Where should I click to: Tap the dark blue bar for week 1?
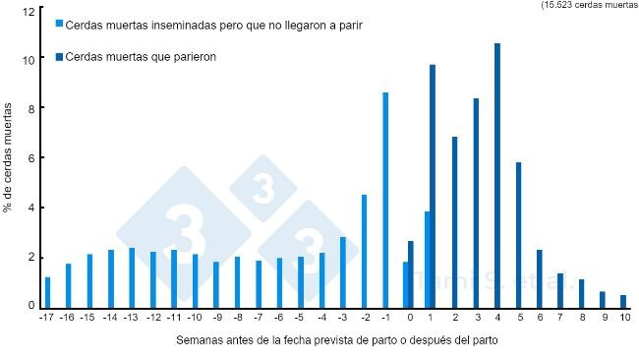[433, 186]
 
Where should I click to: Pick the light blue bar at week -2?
[364, 251]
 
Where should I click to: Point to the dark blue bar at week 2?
[454, 221]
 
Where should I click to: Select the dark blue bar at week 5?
[518, 234]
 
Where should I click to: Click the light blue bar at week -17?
[47, 292]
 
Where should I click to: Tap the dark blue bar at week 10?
[623, 301]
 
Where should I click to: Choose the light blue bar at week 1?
[427, 259]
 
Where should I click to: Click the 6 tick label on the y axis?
[31, 158]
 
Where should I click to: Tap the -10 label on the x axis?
[196, 318]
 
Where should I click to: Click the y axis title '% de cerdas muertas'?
[10, 162]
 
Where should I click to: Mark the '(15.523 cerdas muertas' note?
[589, 5]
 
